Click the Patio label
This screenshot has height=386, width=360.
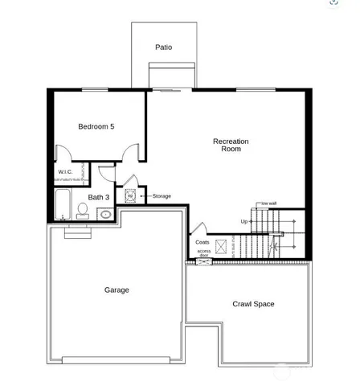pyautogui.click(x=163, y=47)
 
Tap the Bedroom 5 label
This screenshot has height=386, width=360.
pyautogui.click(x=96, y=126)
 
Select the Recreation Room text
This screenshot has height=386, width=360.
pyautogui.click(x=231, y=145)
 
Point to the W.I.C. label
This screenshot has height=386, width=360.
pyautogui.click(x=65, y=172)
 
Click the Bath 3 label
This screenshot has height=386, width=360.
pyautogui.click(x=99, y=197)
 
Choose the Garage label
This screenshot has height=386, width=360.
pyautogui.click(x=117, y=289)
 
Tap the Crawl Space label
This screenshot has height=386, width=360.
pyautogui.click(x=253, y=304)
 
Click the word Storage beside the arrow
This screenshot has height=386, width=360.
pyautogui.click(x=162, y=195)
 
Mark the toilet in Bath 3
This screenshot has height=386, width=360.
pyautogui.click(x=82, y=211)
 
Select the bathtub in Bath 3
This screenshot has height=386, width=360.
pyautogui.click(x=63, y=204)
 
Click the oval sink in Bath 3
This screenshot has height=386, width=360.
pyautogui.click(x=104, y=214)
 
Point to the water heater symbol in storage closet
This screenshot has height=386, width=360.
pyautogui.click(x=129, y=195)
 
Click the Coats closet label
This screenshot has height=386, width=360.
pyautogui.click(x=202, y=242)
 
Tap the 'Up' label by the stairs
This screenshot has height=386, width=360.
pyautogui.click(x=244, y=221)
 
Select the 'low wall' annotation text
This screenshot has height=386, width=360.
pyautogui.click(x=269, y=203)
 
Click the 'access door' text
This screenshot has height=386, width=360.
pyautogui.click(x=204, y=253)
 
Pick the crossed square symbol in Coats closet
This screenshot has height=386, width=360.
pyautogui.click(x=221, y=244)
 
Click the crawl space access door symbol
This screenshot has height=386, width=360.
pyautogui.click(x=202, y=262)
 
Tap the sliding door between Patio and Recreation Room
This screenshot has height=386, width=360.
pyautogui.click(x=170, y=89)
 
